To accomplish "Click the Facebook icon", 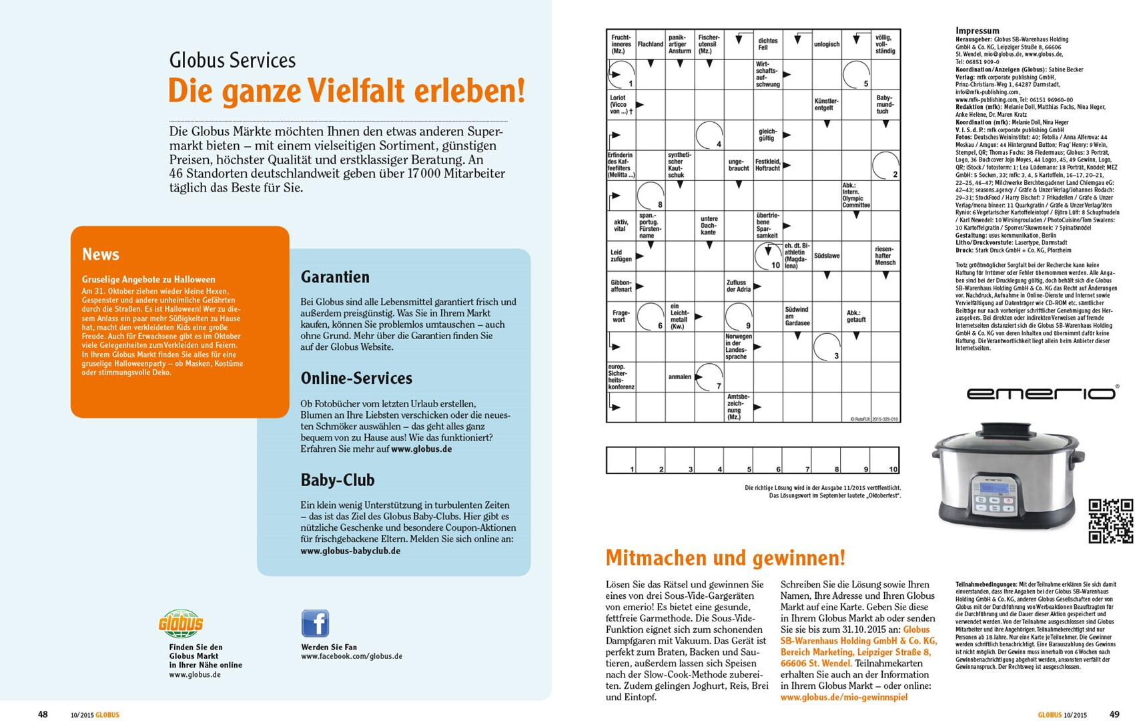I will (x=315, y=624).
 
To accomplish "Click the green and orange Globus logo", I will (x=181, y=624).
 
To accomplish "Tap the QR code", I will (x=1110, y=521).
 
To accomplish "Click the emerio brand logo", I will (x=1042, y=393).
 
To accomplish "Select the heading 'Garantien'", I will (x=335, y=277).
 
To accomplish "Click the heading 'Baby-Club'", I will (x=338, y=480).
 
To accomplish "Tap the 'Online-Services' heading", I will (x=356, y=379).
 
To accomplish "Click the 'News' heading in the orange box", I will (x=101, y=254).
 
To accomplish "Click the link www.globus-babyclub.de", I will (x=350, y=551).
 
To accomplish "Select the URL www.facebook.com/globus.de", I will (x=352, y=656).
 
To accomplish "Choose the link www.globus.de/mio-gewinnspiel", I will (x=844, y=697).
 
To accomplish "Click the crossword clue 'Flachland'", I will (x=651, y=44).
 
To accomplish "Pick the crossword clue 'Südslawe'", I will (x=827, y=256).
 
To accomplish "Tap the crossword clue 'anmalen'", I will (x=679, y=377).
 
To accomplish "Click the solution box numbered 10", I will (x=885, y=461).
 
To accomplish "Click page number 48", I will (x=43, y=714).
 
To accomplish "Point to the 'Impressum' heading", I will (x=978, y=31).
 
